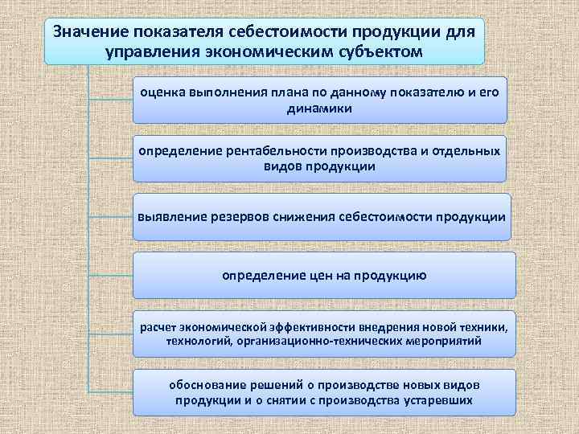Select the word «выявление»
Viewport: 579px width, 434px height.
170,217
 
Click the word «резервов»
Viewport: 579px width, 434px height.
238,217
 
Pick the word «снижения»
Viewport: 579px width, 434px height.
304,217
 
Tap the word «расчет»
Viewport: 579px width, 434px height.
158,327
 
